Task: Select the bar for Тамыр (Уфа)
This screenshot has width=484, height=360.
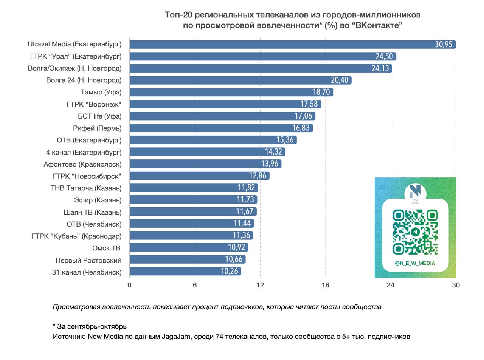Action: click(219, 92)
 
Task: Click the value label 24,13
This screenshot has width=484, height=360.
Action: click(380, 68)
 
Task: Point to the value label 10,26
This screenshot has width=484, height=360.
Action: click(230, 272)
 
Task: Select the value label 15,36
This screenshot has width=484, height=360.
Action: click(285, 140)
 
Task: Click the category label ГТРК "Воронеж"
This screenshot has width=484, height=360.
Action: click(94, 104)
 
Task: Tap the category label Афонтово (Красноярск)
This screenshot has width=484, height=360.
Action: click(82, 164)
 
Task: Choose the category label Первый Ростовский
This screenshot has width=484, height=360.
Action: click(88, 260)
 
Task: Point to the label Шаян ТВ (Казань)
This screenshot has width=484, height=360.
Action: click(93, 212)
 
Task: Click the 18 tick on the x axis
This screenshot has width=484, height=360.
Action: click(326, 285)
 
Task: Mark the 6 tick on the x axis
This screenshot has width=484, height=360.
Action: click(195, 285)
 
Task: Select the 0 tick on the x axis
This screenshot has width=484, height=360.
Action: click(130, 285)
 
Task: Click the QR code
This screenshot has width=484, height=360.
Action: click(415, 232)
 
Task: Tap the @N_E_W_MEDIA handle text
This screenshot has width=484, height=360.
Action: click(415, 263)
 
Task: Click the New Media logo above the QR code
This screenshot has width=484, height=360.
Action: click(415, 193)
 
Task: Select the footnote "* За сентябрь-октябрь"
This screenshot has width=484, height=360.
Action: click(90, 326)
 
